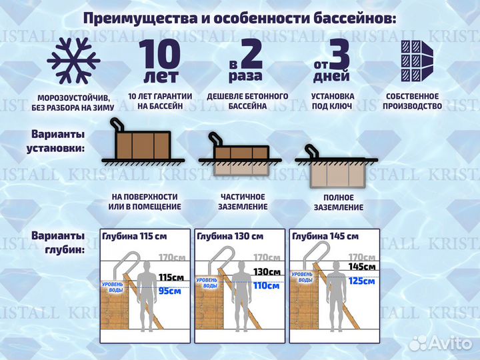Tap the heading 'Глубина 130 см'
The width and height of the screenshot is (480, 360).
tap(230, 236)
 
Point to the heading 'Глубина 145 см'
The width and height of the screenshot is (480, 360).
tap(325, 236)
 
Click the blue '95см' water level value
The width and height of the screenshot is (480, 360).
tap(169, 291)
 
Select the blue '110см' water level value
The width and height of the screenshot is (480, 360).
tap(267, 286)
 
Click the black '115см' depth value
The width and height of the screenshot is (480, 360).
tap(170, 277)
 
